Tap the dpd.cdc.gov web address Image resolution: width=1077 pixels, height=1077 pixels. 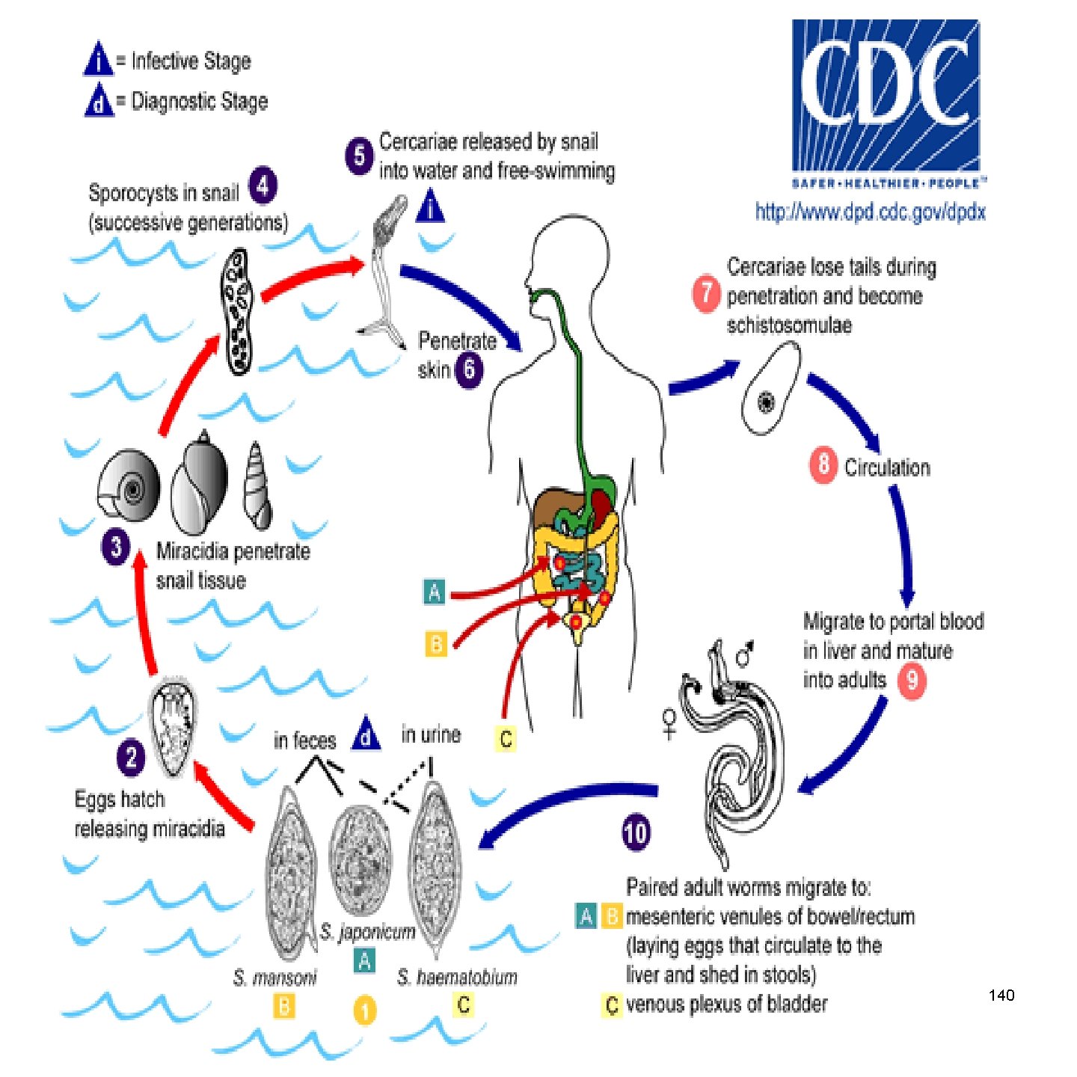870,212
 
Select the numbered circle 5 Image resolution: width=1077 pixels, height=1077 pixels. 359,156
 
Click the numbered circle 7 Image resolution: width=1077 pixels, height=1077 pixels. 705,293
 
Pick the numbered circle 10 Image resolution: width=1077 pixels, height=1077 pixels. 635,833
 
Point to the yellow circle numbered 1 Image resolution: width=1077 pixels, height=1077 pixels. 364,1011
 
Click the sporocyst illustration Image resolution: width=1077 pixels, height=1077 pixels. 238,311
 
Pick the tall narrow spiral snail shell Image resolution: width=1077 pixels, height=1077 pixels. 257,486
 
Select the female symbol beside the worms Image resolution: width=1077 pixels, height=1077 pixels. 669,723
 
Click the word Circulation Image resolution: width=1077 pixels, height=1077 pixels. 887,467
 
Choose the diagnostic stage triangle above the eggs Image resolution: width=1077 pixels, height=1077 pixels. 366,734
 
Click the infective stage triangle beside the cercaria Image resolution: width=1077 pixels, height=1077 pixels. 429,206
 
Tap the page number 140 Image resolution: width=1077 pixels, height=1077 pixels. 1001,995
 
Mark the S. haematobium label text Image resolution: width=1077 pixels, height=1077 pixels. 457,977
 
